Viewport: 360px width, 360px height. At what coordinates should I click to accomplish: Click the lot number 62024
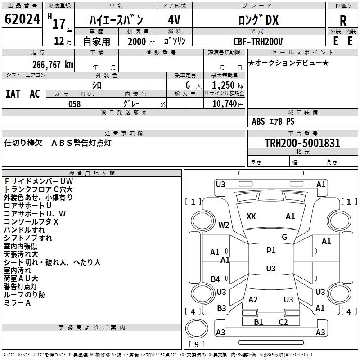pyautogui.click(x=22, y=19)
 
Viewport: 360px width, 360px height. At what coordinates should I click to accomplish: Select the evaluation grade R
pyautogui.click(x=343, y=20)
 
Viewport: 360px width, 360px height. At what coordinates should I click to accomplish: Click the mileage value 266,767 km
pyautogui.click(x=53, y=64)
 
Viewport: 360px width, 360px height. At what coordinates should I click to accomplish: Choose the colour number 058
pyautogui.click(x=74, y=104)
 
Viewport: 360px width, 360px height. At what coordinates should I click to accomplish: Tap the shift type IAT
pyautogui.click(x=13, y=94)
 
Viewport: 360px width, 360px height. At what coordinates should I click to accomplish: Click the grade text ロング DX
pyautogui.click(x=258, y=20)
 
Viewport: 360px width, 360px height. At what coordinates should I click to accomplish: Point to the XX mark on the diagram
pyautogui.click(x=251, y=216)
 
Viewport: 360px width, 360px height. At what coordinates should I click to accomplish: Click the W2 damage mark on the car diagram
pyautogui.click(x=224, y=225)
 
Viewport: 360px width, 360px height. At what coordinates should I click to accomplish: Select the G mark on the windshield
pyautogui.click(x=284, y=237)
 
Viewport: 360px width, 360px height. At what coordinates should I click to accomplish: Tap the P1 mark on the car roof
pyautogui.click(x=271, y=251)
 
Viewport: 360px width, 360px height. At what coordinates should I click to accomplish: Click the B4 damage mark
pyautogui.click(x=216, y=279)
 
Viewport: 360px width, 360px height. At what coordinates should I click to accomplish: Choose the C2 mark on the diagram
pyautogui.click(x=283, y=322)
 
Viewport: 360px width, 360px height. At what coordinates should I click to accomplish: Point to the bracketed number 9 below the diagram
pyautogui.click(x=197, y=344)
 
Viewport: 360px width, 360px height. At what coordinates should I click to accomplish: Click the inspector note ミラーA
pyautogui.click(x=18, y=303)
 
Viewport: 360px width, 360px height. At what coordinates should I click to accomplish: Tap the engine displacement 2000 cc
pyautogui.click(x=139, y=41)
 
